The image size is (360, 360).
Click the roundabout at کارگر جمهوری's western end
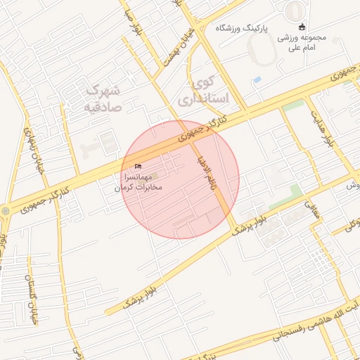coord(6,210)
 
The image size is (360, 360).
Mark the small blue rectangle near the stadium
coord(257,79)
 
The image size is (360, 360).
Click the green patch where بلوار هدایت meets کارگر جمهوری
coord(294,105)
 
